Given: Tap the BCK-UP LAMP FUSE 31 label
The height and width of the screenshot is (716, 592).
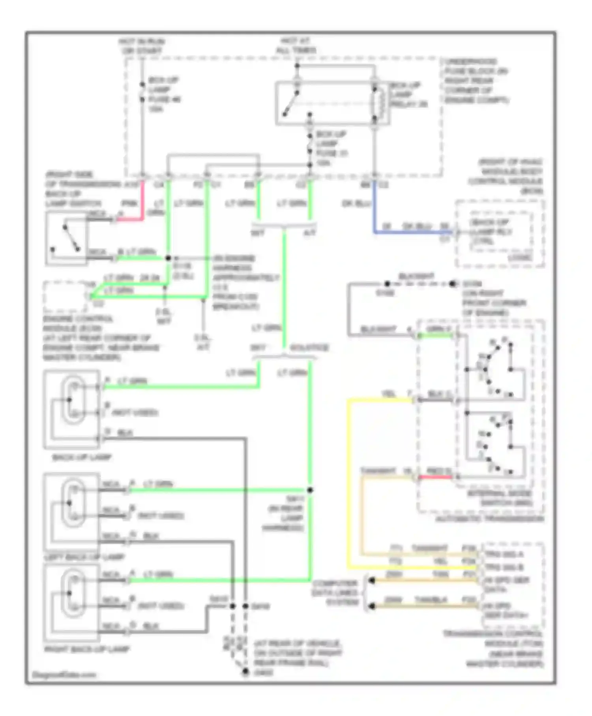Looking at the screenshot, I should [x=331, y=148].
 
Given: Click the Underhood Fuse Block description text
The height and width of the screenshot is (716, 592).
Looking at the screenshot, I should [x=476, y=81].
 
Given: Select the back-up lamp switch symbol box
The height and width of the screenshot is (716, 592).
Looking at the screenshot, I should [x=66, y=238].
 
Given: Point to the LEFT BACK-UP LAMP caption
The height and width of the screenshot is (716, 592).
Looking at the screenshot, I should [x=84, y=557].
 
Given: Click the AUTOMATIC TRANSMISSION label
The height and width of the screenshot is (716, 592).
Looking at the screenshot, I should [x=489, y=519].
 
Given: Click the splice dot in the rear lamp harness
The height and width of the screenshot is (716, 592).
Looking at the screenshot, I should [x=310, y=490].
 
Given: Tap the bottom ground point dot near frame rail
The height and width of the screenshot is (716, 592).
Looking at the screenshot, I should [x=245, y=671].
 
